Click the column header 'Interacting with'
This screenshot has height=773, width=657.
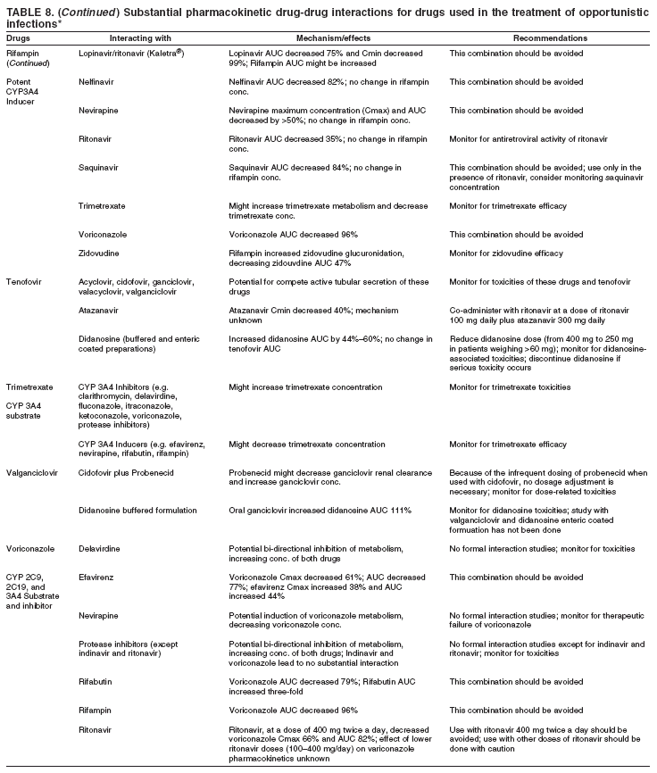pyautogui.click(x=136, y=40)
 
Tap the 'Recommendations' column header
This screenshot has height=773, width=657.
pyautogui.click(x=550, y=40)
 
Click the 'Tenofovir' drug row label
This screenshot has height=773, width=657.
pyautogui.click(x=24, y=281)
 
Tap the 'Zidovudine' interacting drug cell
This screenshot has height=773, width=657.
pyautogui.click(x=98, y=256)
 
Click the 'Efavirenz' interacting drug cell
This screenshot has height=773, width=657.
pyautogui.click(x=96, y=577)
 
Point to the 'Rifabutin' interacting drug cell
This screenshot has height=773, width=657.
pyautogui.click(x=96, y=680)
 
